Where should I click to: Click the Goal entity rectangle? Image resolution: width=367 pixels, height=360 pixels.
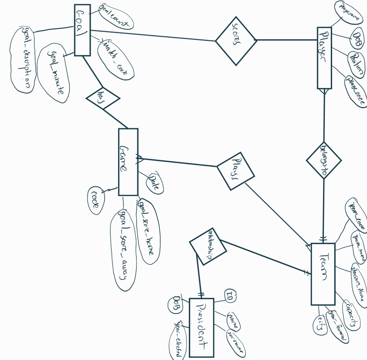pyautogui.click(x=82, y=30)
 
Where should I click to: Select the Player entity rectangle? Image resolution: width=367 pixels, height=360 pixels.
pyautogui.click(x=324, y=58)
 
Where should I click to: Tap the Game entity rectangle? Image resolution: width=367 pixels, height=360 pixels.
pyautogui.click(x=128, y=162)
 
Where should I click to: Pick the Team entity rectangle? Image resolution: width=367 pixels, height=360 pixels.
pyautogui.click(x=323, y=273)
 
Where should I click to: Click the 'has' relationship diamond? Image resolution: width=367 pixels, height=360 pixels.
pyautogui.click(x=103, y=98)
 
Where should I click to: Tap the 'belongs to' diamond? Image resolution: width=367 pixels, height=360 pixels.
pyautogui.click(x=324, y=160)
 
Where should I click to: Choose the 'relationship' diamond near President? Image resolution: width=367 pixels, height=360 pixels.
pyautogui.click(x=208, y=246)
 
